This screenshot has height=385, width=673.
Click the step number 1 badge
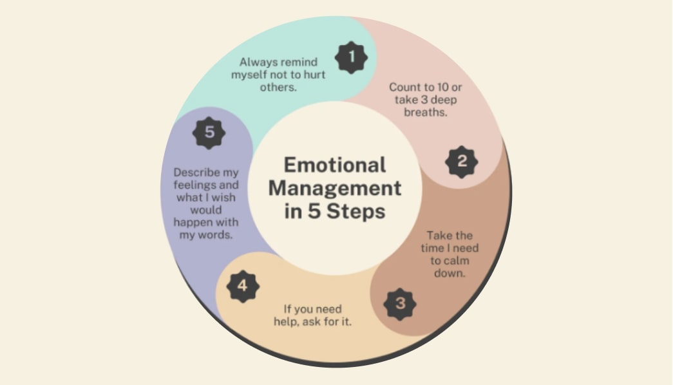(x=351, y=57)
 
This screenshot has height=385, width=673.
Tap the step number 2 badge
(x=462, y=162)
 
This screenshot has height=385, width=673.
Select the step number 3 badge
(x=400, y=303)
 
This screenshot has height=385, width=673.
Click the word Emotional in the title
(x=335, y=165)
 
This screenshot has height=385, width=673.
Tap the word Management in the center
(x=335, y=188)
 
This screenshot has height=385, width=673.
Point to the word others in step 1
(x=278, y=87)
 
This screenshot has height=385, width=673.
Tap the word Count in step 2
(x=404, y=86)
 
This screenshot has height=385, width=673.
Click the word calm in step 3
(x=461, y=260)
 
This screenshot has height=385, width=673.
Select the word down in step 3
(x=453, y=272)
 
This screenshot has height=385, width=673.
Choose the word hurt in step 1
(x=312, y=75)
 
